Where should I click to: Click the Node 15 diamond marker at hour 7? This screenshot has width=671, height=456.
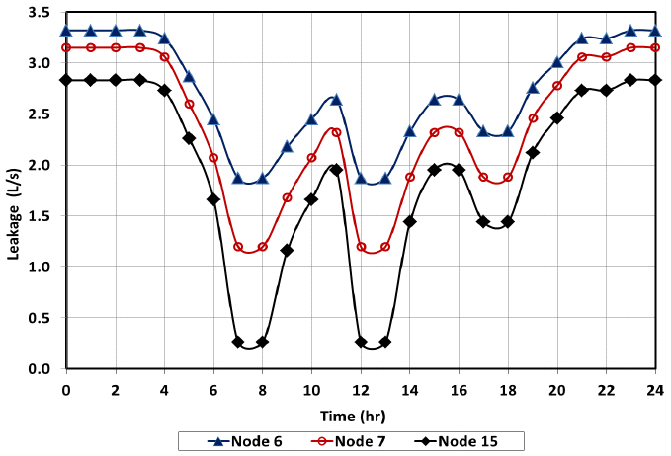click(238, 342)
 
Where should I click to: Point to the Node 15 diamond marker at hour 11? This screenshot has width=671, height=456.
click(336, 170)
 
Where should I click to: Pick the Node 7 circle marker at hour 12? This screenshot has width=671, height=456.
click(361, 247)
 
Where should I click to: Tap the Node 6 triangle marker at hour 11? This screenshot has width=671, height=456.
click(336, 100)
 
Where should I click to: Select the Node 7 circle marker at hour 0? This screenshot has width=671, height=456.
click(66, 47)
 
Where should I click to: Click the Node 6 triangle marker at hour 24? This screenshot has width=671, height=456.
click(655, 31)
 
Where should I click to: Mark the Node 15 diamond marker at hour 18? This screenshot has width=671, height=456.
click(508, 222)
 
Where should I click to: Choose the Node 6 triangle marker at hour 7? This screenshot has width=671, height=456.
click(238, 179)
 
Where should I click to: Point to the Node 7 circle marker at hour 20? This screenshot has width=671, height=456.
click(557, 86)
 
